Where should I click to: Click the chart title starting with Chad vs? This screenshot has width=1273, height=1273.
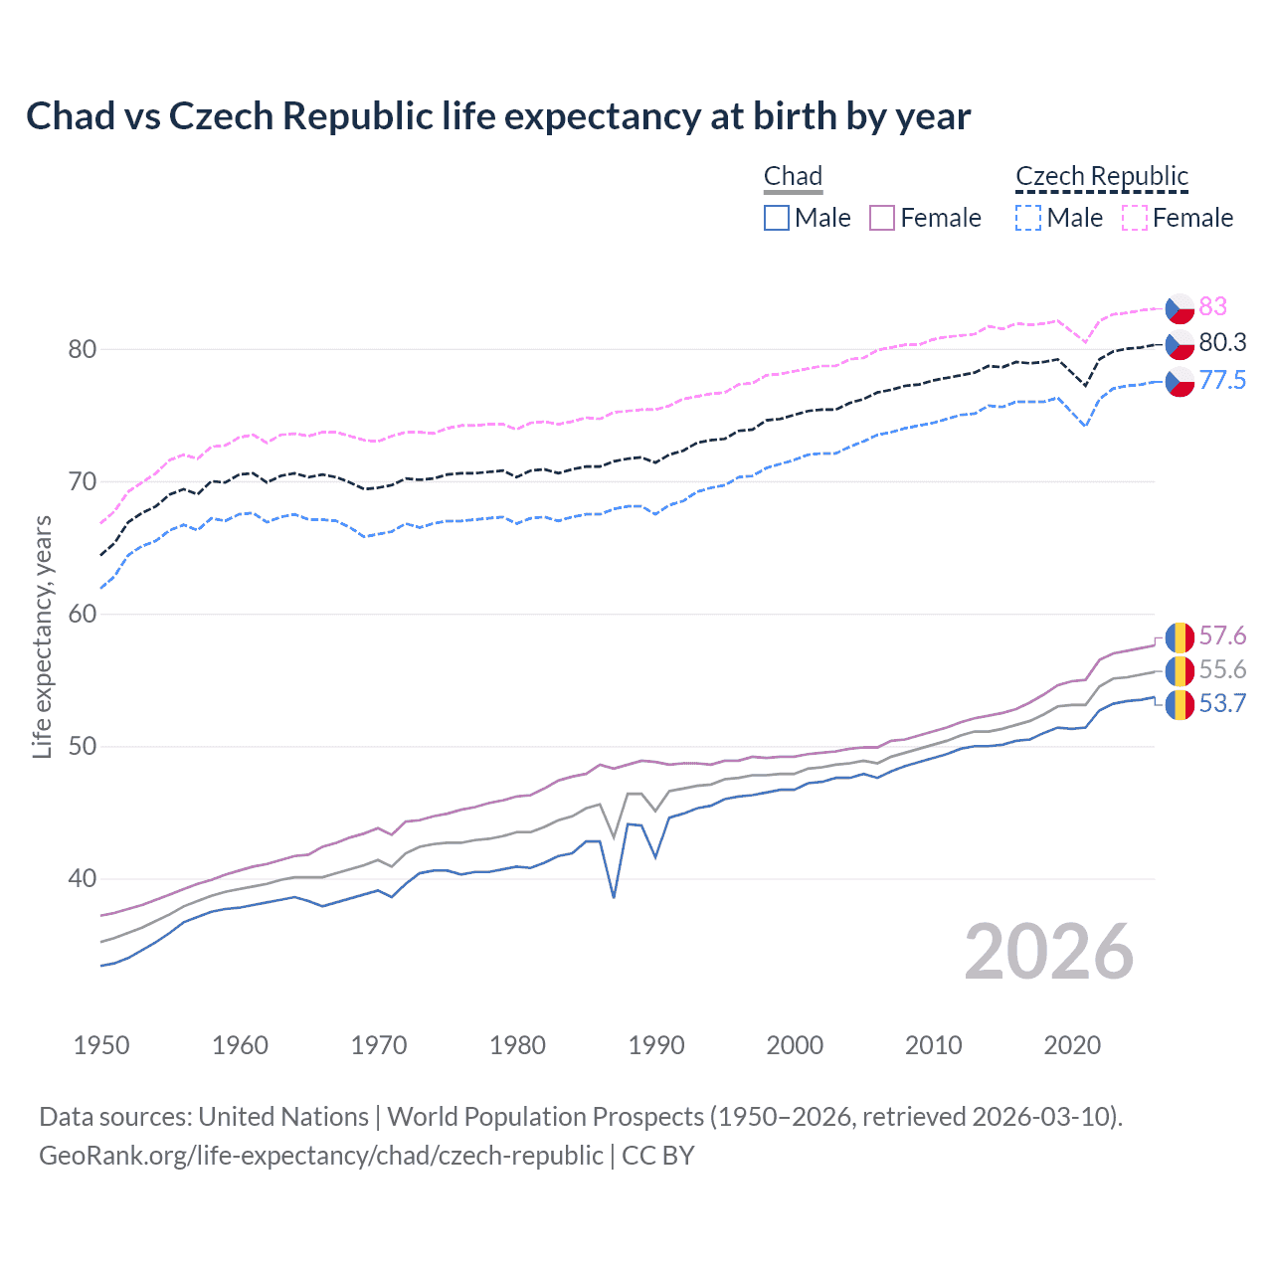(x=497, y=116)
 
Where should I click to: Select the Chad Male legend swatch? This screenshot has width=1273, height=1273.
(x=777, y=218)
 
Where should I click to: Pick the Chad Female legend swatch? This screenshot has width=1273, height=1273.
(x=882, y=218)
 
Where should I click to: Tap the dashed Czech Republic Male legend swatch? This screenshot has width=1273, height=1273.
(x=1028, y=218)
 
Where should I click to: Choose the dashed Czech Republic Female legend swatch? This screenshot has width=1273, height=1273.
(x=1135, y=218)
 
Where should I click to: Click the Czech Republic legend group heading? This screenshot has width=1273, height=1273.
(x=1102, y=177)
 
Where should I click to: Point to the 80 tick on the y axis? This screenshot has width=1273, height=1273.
(x=83, y=349)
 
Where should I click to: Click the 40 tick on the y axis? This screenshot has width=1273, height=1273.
(x=83, y=878)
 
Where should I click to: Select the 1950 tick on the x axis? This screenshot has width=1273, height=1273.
(x=101, y=1045)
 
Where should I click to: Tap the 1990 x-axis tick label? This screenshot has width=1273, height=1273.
(x=656, y=1045)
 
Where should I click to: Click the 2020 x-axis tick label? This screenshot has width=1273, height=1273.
(x=1072, y=1045)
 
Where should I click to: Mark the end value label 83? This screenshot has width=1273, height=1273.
(x=1212, y=306)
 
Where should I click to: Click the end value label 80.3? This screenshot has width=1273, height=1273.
(x=1222, y=343)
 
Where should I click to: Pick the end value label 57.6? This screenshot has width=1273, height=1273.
(x=1222, y=636)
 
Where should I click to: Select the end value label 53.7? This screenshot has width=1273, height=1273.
(x=1222, y=704)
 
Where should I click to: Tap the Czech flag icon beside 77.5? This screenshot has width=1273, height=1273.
(x=1180, y=381)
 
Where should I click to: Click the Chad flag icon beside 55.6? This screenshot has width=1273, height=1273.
(x=1180, y=670)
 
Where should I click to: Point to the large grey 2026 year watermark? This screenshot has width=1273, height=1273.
(x=1049, y=952)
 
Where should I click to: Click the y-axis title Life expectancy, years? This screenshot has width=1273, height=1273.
(x=43, y=636)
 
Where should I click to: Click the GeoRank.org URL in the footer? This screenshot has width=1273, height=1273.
(x=320, y=1156)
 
